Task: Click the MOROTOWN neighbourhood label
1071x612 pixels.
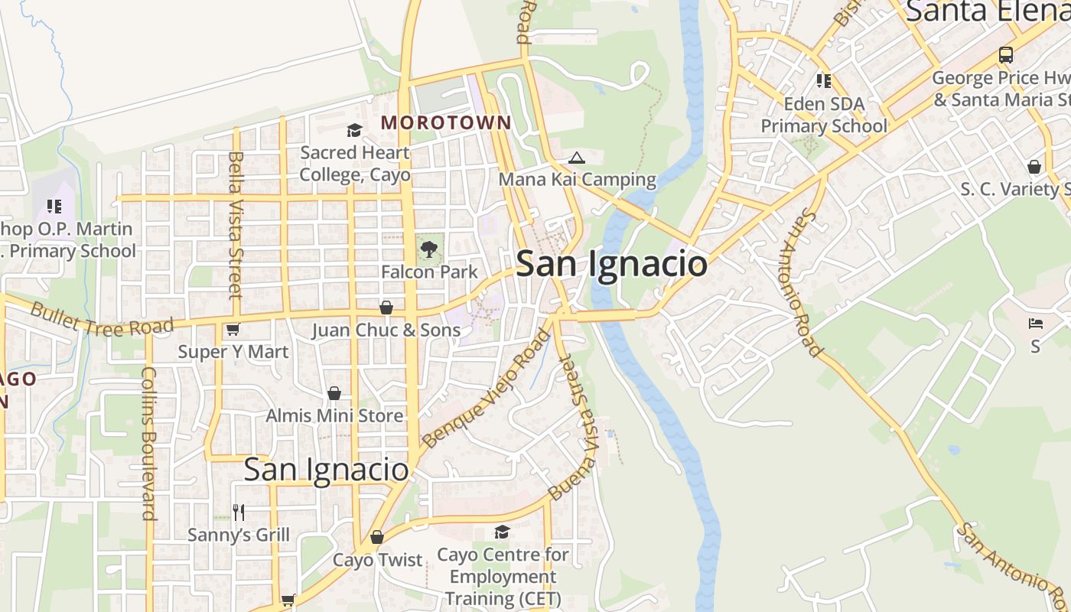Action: (446, 122)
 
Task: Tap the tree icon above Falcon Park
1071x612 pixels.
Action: (428, 249)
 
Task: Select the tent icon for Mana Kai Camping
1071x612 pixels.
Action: (577, 158)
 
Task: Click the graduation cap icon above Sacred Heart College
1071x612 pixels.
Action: (354, 130)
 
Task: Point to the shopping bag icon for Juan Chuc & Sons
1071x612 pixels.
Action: (386, 308)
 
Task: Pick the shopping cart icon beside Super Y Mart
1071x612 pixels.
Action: (233, 329)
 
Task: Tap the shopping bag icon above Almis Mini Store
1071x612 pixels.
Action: (334, 393)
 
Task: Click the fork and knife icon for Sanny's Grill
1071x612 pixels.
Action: (239, 512)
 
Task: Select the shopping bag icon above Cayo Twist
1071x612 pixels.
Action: (376, 537)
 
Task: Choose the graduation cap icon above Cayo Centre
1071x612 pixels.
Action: (502, 532)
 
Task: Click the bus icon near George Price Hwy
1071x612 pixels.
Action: (1006, 55)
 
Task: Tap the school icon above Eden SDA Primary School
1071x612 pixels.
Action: (824, 80)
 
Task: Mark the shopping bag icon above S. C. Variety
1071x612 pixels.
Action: (1034, 167)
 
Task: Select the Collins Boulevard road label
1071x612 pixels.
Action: (148, 443)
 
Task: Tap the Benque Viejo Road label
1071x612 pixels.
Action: (487, 388)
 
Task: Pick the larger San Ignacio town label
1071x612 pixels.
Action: (611, 264)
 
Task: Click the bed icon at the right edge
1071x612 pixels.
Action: (1036, 324)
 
